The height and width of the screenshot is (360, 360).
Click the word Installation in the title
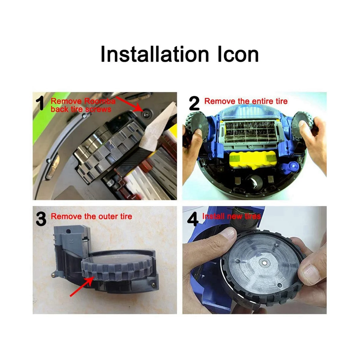tap(154, 54)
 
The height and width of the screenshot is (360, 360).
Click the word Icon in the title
tap(238, 54)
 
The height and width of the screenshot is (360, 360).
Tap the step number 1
tap(40, 103)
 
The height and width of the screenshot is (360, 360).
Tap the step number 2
tap(194, 104)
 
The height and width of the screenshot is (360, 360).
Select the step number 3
tap(41, 219)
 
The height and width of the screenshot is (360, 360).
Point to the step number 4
tap(193, 219)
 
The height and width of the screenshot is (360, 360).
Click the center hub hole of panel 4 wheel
tap(263, 262)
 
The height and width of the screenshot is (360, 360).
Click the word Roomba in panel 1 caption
tap(100, 101)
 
